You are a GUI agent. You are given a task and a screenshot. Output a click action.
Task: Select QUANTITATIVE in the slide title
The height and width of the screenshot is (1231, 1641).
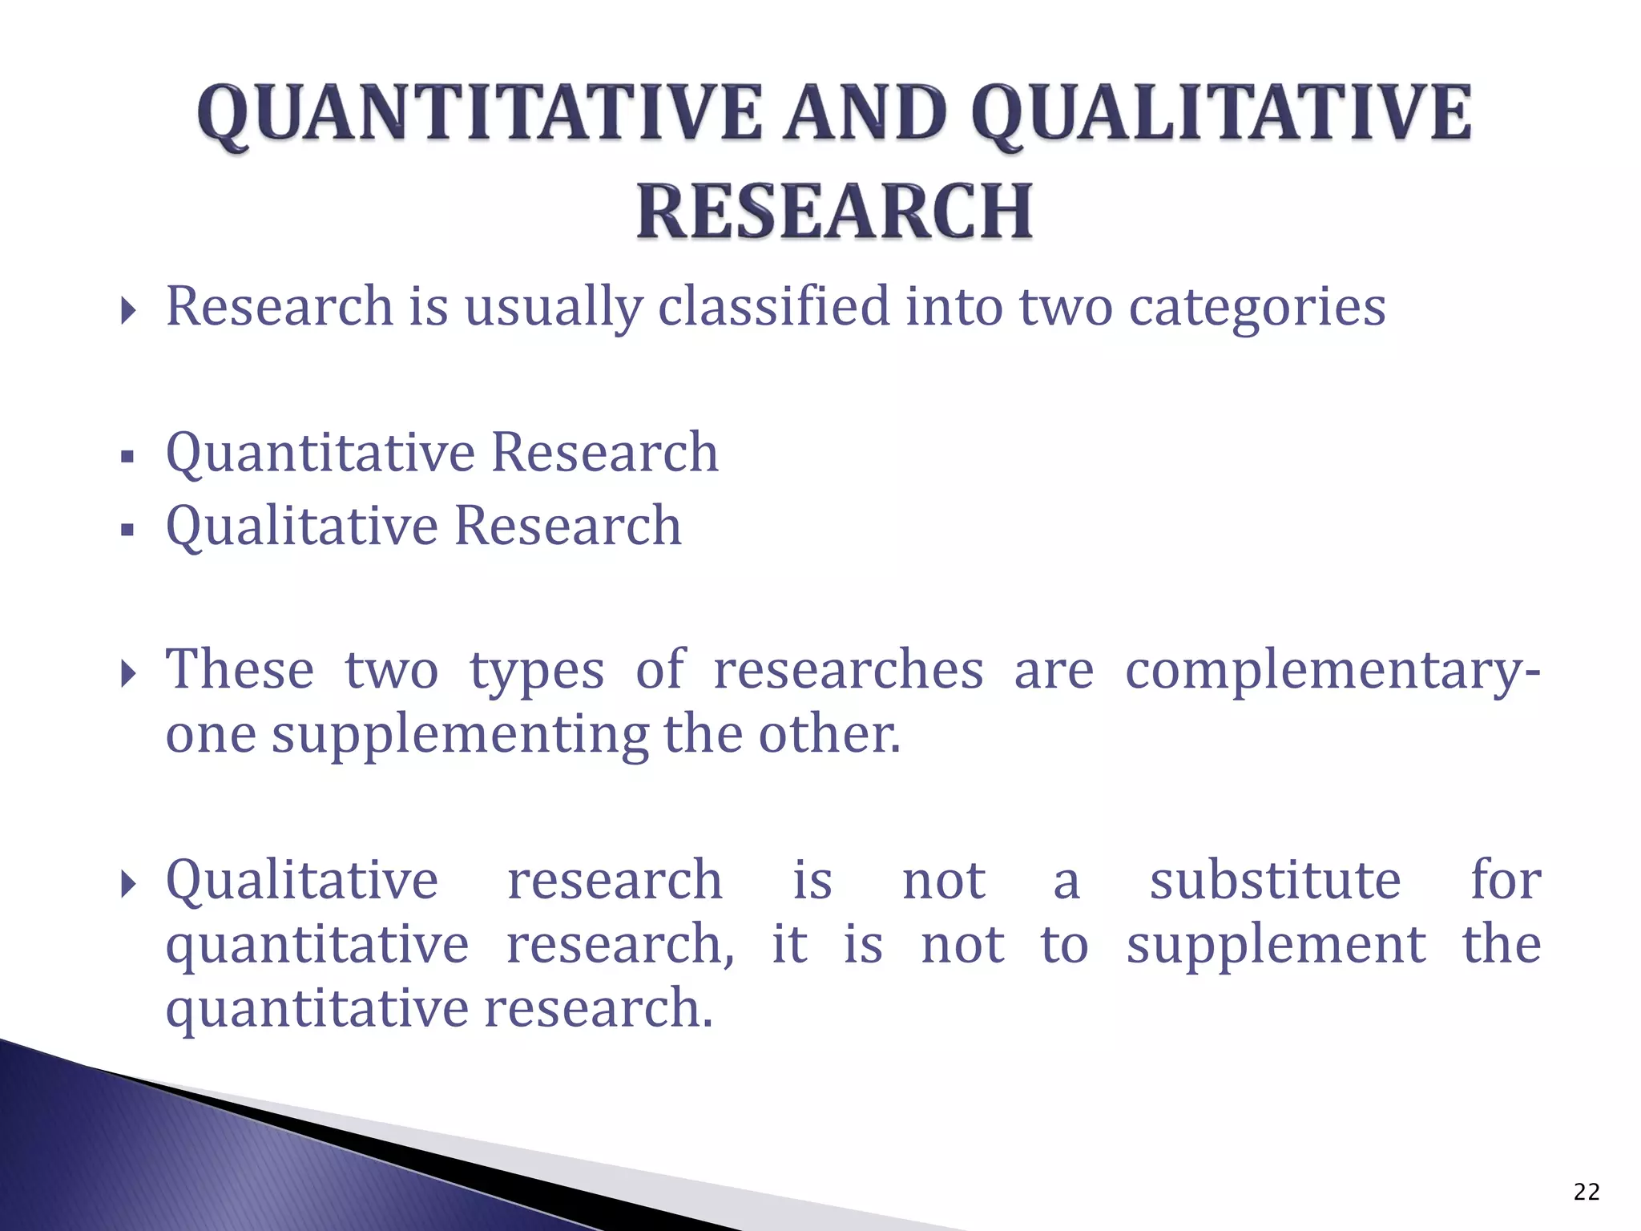coord(479,113)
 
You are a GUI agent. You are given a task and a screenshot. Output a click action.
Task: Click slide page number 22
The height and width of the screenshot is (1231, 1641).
coord(1586,1192)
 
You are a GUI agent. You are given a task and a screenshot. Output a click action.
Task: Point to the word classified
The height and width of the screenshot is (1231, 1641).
coord(773,306)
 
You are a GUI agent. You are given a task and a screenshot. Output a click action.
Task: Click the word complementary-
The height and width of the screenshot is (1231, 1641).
coord(1332,671)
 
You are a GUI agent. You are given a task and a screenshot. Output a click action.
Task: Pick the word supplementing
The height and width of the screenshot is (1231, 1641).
coord(460,736)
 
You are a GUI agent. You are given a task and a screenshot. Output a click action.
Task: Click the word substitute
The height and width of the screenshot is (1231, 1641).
coord(1275,880)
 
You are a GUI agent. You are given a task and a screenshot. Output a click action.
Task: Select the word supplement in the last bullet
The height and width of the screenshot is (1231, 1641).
coord(1276,946)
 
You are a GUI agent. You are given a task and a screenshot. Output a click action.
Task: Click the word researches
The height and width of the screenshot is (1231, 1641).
coord(848,669)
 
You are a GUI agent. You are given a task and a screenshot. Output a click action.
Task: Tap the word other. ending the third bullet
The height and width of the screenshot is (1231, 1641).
coord(829,734)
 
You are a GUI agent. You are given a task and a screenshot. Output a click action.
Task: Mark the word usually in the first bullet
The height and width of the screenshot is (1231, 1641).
coord(554,308)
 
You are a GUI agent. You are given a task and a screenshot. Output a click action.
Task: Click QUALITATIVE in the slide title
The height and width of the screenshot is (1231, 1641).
coord(1221,113)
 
